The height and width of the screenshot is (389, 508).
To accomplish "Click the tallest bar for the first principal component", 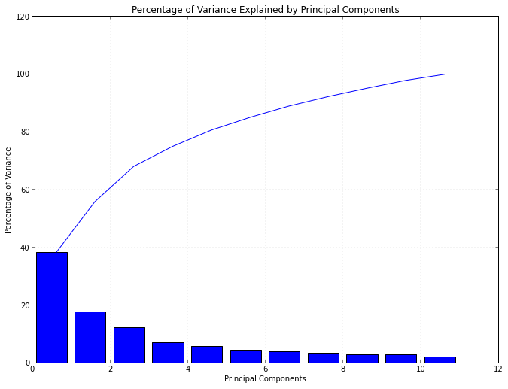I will tap(52, 308).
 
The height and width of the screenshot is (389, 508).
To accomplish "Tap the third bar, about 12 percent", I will tap(129, 345).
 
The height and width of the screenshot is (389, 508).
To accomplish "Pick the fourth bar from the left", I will tap(168, 353).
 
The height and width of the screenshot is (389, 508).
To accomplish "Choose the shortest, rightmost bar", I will tap(440, 360).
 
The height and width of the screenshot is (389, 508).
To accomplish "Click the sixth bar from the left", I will tap(245, 356).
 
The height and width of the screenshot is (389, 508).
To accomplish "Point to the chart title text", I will tap(265, 10).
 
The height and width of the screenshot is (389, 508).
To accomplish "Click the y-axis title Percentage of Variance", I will tap(9, 190).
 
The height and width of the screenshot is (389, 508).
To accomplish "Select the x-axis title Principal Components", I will tap(265, 379).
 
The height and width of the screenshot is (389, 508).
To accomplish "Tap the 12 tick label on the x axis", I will tap(497, 369).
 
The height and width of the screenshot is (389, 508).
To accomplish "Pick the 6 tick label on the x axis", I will tap(265, 369).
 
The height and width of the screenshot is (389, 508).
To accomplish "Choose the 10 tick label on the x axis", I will tap(420, 369).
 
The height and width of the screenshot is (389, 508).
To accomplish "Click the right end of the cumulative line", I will tap(444, 74).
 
